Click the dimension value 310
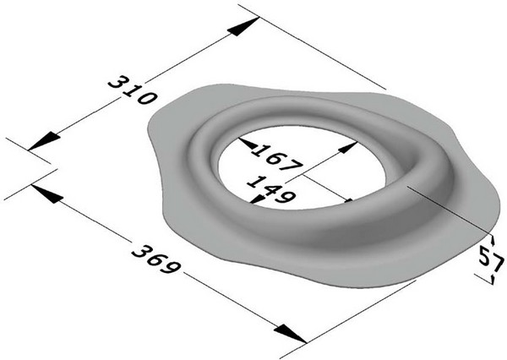point(132,89)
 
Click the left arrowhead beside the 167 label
point(248,145)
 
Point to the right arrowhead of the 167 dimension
point(346,147)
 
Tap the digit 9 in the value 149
point(286,197)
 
